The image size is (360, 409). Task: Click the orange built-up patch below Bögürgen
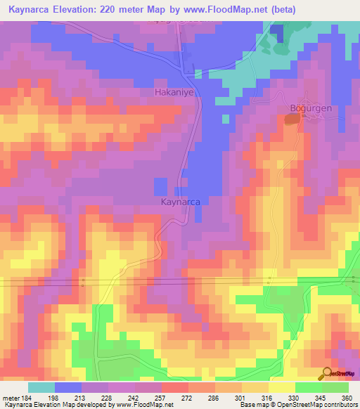[290, 121]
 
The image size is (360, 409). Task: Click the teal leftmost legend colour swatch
[41, 387]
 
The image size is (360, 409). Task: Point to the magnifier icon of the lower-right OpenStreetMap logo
[327, 373]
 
